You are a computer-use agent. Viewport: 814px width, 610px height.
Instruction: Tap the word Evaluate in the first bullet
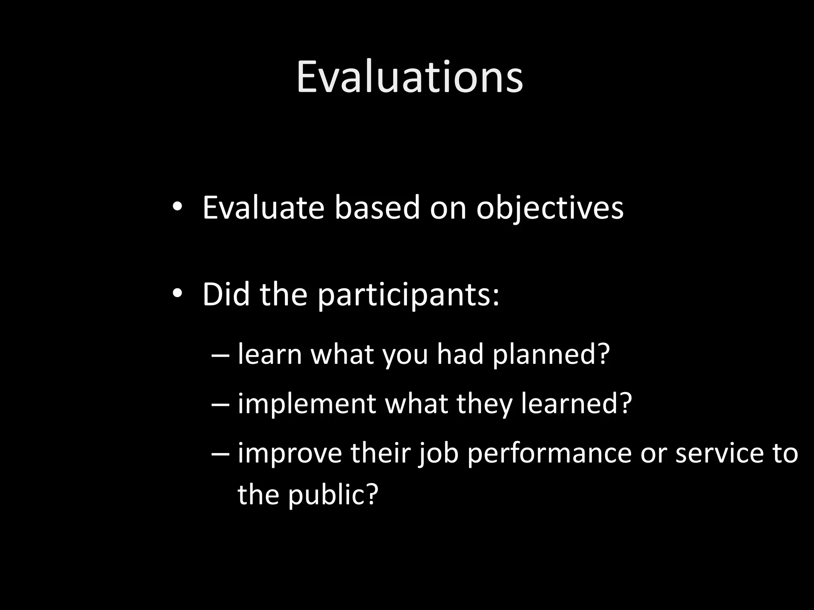263,208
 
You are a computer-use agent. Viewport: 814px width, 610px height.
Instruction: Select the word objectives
550,208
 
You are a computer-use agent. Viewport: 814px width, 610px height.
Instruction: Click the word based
377,208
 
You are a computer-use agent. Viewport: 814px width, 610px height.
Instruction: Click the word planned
551,354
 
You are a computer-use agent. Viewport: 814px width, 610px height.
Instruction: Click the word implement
306,404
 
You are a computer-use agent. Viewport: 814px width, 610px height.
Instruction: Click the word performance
549,454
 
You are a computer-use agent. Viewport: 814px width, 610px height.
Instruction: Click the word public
332,495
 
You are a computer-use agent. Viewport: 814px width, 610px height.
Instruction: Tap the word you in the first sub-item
405,355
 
